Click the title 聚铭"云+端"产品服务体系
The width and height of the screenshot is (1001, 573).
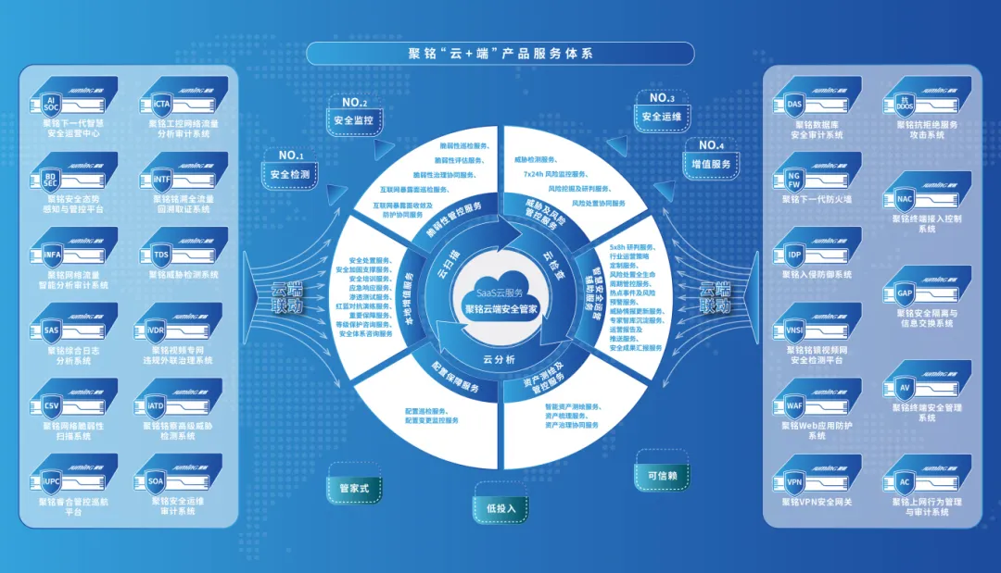pyautogui.click(x=500, y=54)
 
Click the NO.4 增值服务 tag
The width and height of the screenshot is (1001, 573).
pyautogui.click(x=711, y=163)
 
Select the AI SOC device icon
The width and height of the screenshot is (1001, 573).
pyautogui.click(x=52, y=103)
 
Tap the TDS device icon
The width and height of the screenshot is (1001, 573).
pyautogui.click(x=162, y=255)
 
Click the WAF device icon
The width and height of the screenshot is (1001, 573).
pyautogui.click(x=794, y=406)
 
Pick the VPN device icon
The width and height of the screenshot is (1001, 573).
pyautogui.click(x=794, y=482)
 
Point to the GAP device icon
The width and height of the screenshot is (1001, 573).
pyautogui.click(x=906, y=293)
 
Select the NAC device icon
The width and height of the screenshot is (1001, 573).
pyautogui.click(x=906, y=199)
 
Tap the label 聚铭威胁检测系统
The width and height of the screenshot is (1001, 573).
pyautogui.click(x=184, y=274)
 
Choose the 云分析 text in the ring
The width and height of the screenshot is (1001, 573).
pyautogui.click(x=500, y=359)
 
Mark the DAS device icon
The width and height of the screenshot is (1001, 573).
pyautogui.click(x=794, y=105)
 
